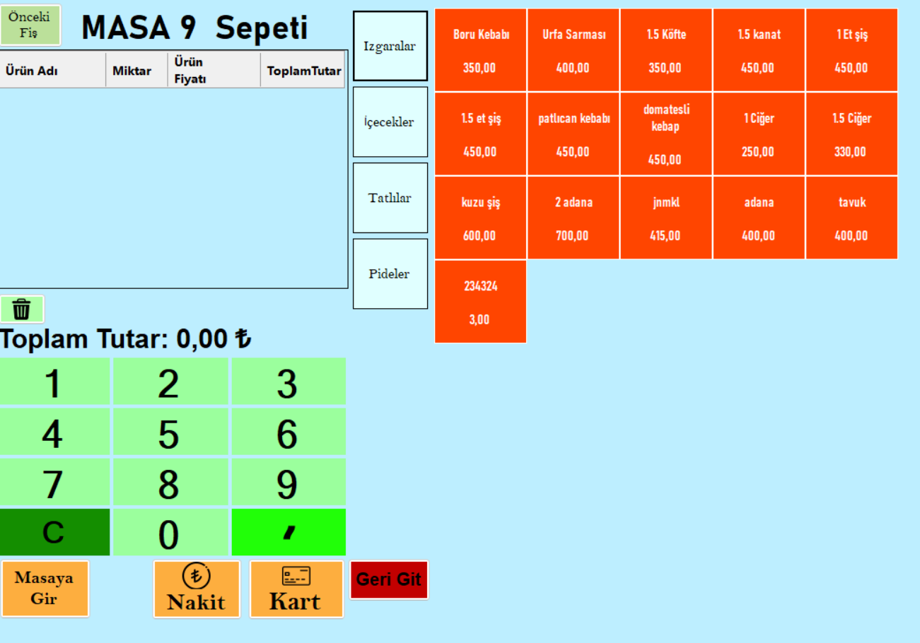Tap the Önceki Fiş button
point(30,25)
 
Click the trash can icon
point(21,309)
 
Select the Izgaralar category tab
point(390,46)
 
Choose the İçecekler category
point(390,122)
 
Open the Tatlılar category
point(390,198)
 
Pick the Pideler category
point(390,273)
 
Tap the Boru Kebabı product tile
point(481,50)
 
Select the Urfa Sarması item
point(573,50)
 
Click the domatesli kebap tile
point(666,134)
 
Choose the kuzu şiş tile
point(481,218)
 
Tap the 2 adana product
point(573,218)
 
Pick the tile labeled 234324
point(481,302)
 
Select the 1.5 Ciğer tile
point(852,134)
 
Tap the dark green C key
point(54,532)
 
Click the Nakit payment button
point(197,589)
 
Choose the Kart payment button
point(296,589)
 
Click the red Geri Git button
point(389,580)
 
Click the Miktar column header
point(132,71)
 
